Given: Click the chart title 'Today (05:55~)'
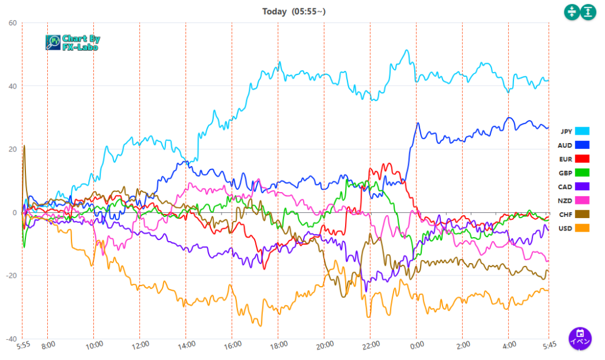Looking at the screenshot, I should [x=294, y=11].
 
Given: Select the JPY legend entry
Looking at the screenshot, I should [x=575, y=131].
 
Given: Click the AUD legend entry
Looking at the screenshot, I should [x=575, y=145].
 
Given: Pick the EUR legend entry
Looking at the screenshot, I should [x=575, y=158].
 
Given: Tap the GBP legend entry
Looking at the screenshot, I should [x=575, y=173].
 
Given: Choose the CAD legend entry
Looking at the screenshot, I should [x=575, y=186].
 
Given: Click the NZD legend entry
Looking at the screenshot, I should [x=575, y=200].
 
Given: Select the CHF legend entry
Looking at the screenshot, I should [x=575, y=214].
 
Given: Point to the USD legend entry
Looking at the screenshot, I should [x=575, y=228].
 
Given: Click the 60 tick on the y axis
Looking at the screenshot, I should [x=12, y=23].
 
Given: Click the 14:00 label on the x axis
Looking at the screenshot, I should [x=186, y=344].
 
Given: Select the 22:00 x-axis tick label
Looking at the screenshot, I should [x=370, y=344].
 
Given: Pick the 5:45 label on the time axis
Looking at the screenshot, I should [x=548, y=344].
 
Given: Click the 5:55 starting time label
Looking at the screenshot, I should [x=22, y=344].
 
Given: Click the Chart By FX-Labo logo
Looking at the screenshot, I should [x=73, y=43].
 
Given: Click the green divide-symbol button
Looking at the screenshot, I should [x=571, y=11].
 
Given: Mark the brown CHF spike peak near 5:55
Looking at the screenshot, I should [x=24, y=145].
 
